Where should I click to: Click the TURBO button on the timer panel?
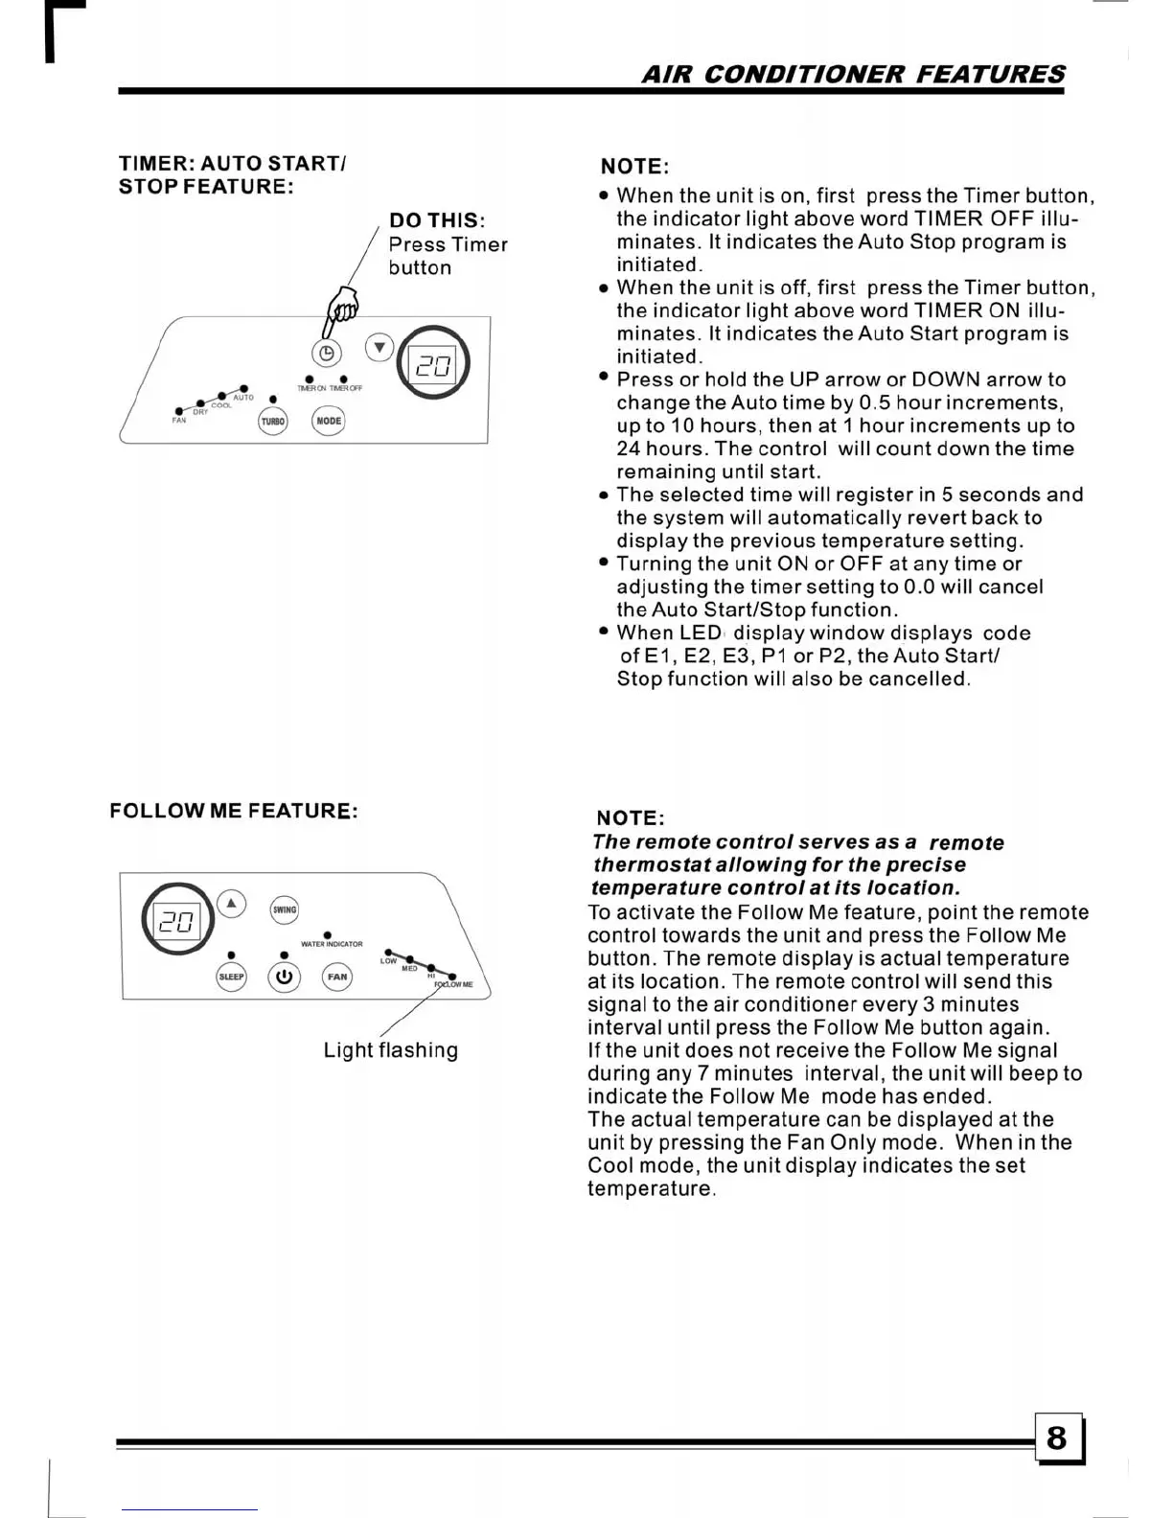(273, 421)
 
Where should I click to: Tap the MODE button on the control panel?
(329, 421)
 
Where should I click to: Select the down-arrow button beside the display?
(380, 347)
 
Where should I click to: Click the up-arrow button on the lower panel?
(231, 904)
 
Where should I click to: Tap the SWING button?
(285, 909)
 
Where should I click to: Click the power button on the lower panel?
(284, 977)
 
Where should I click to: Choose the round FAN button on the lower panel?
(337, 977)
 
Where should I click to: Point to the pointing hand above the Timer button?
(341, 308)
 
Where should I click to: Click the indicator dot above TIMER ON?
(309, 379)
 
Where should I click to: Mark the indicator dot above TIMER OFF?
(343, 379)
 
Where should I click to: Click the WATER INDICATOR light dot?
(328, 934)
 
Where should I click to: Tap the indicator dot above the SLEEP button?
(231, 955)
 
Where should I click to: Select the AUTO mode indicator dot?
(244, 388)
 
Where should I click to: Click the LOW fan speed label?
(387, 961)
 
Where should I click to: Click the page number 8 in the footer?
(1057, 1437)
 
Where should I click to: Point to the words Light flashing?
(390, 1050)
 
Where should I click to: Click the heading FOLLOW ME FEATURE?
(234, 811)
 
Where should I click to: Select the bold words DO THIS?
(437, 220)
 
